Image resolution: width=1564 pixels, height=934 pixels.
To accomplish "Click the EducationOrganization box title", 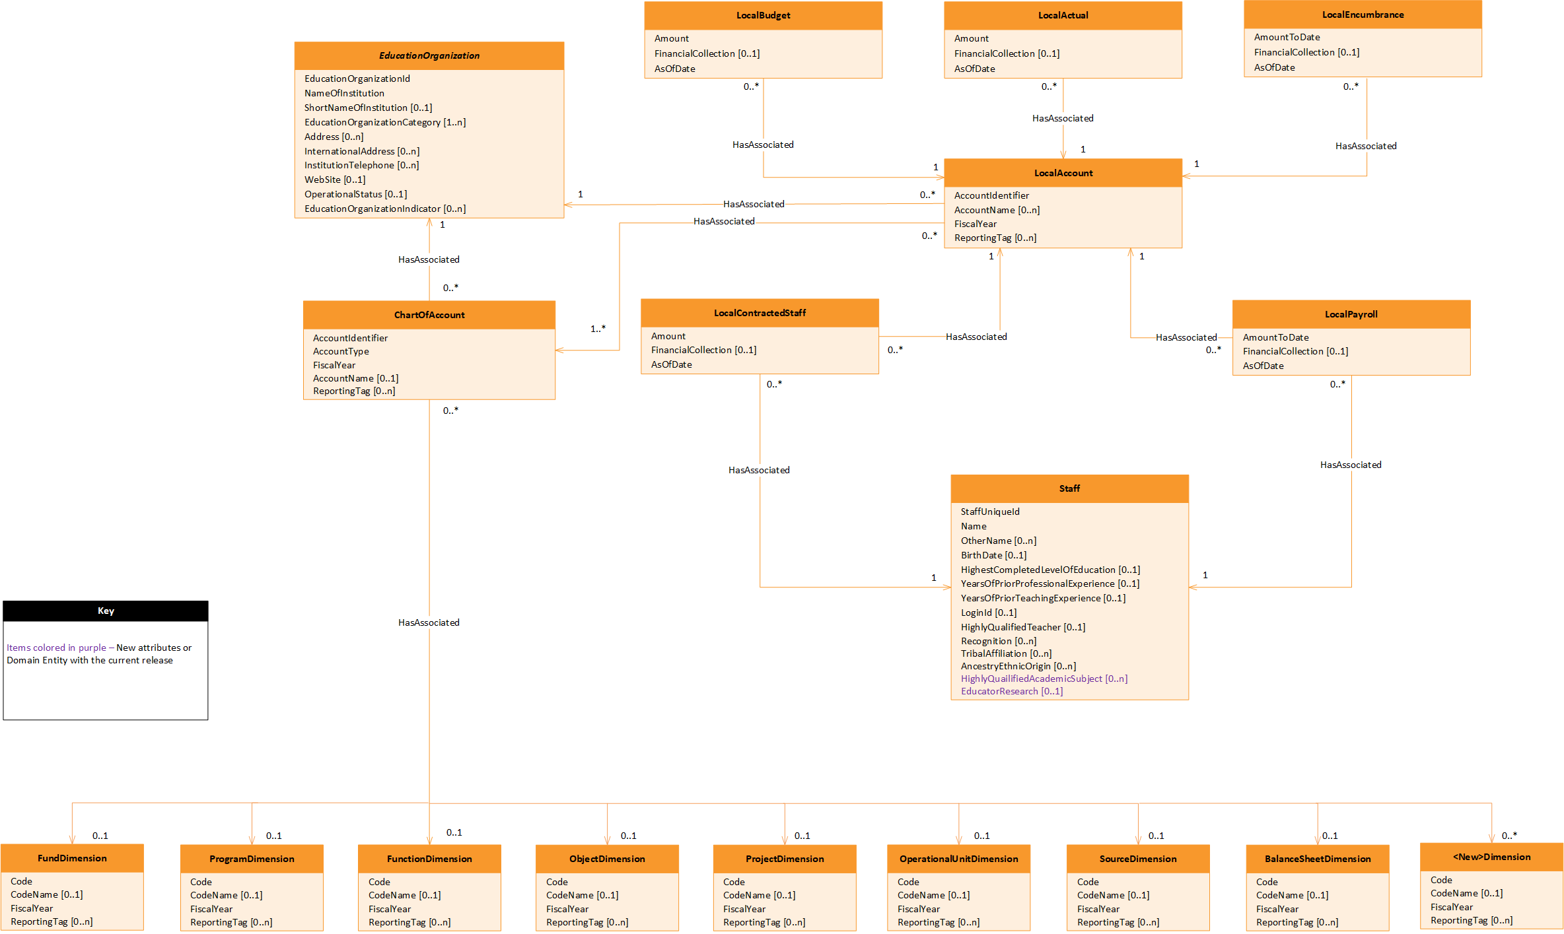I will pyautogui.click(x=429, y=55).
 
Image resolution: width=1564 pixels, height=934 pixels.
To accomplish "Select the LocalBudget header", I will pyautogui.click(x=763, y=15).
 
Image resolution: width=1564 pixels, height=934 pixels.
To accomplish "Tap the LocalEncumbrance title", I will pyautogui.click(x=1363, y=15).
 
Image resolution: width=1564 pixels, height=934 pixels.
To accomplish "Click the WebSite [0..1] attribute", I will pyautogui.click(x=334, y=180).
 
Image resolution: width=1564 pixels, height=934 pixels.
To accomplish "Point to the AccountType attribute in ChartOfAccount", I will pyautogui.click(x=341, y=351).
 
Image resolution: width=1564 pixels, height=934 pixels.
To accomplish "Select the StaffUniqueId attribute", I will pyautogui.click(x=990, y=512).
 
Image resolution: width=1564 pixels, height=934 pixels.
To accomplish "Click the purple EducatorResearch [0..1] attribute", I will pyautogui.click(x=1011, y=691).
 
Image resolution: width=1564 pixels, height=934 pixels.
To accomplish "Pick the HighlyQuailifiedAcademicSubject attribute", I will pyautogui.click(x=1044, y=679).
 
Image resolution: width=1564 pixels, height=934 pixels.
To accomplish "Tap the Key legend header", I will pyautogui.click(x=106, y=611).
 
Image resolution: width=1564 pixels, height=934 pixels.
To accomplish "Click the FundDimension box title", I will pyautogui.click(x=72, y=858).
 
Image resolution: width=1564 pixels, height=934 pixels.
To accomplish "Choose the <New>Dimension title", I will pyautogui.click(x=1491, y=857).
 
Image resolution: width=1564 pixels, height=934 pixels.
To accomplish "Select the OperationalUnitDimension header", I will pyautogui.click(x=958, y=859).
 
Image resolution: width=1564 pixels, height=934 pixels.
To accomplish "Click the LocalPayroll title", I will pyautogui.click(x=1351, y=314).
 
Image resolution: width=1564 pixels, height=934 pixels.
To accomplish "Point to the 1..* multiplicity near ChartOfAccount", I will pyautogui.click(x=598, y=329).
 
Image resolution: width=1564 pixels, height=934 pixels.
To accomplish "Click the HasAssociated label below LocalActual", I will pyautogui.click(x=1063, y=118).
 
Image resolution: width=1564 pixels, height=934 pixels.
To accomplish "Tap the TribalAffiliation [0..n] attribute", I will pyautogui.click(x=1006, y=653).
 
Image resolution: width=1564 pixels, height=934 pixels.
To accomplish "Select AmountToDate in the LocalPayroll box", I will pyautogui.click(x=1275, y=337).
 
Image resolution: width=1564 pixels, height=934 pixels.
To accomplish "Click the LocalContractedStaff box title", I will pyautogui.click(x=760, y=313).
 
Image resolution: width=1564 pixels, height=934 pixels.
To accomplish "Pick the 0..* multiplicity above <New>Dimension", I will pyautogui.click(x=1509, y=836).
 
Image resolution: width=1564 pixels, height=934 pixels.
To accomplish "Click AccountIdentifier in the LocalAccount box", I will pyautogui.click(x=991, y=195).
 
